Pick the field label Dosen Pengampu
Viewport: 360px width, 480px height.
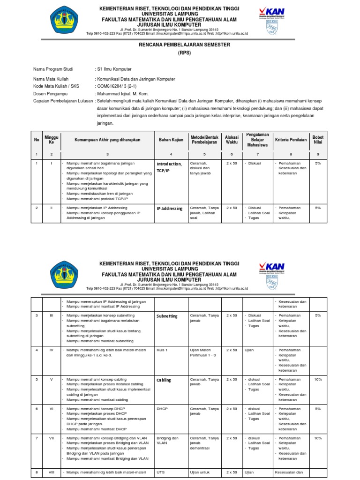[49, 93]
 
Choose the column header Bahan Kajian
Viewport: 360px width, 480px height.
[171, 140]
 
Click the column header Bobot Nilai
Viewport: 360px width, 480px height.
[318, 140]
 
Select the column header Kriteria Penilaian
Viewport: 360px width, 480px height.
[291, 140]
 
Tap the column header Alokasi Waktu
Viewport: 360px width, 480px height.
[232, 140]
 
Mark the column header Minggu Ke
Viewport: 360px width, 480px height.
[52, 140]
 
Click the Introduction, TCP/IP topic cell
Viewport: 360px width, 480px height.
[169, 167]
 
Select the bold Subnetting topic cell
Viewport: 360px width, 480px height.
[167, 316]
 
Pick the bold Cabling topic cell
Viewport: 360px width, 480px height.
[164, 380]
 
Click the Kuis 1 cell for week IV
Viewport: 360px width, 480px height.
[162, 350]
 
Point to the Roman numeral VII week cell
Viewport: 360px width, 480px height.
[52, 438]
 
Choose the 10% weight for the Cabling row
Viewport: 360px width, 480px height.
[318, 379]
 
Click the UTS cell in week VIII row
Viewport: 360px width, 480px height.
[161, 472]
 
